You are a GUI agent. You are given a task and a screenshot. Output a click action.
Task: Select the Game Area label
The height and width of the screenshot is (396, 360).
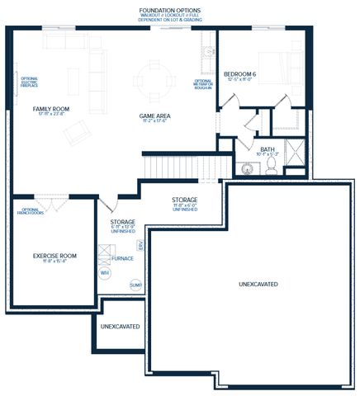(x=154, y=115)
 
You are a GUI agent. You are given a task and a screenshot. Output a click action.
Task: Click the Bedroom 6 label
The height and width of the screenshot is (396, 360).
(x=243, y=74)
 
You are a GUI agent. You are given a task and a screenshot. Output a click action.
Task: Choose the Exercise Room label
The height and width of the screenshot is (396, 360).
(x=54, y=256)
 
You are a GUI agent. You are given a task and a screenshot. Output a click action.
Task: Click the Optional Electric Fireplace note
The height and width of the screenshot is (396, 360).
(x=31, y=82)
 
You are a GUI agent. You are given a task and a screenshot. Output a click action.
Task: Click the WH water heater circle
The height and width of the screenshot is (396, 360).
(x=105, y=271)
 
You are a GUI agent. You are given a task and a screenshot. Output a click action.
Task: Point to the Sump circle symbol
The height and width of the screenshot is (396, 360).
(x=135, y=285)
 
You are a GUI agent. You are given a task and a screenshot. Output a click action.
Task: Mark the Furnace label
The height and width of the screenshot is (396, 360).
(x=122, y=258)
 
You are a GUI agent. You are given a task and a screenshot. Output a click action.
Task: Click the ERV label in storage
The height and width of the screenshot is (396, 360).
(x=140, y=245)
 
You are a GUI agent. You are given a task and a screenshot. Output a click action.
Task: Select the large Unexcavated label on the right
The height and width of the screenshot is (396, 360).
(x=258, y=284)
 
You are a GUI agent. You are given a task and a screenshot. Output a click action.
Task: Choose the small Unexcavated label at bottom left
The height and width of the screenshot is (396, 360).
(x=120, y=327)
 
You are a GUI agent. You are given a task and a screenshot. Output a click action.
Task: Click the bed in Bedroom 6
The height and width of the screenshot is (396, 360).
(x=285, y=69)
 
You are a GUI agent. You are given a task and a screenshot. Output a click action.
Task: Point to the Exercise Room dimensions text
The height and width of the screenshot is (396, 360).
(x=54, y=263)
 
